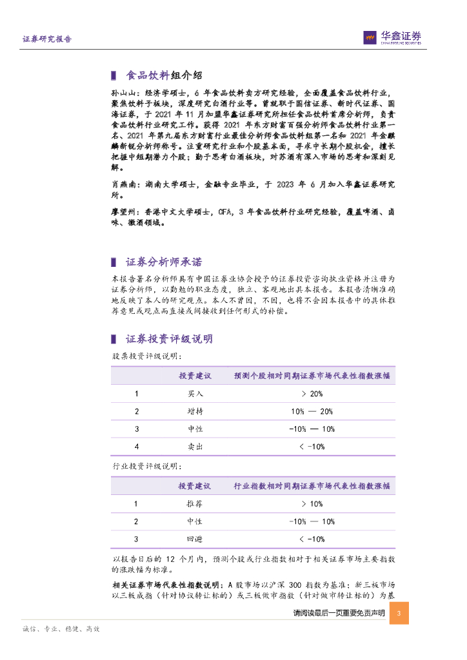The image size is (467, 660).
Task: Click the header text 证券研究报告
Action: pos(47,39)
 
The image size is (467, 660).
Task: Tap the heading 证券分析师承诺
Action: pos(163,262)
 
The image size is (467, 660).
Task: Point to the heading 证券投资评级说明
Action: pos(169,339)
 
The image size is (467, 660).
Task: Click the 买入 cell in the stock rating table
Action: pos(195,394)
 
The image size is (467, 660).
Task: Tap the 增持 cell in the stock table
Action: pos(195,411)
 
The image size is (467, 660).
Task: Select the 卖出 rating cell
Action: pos(195,446)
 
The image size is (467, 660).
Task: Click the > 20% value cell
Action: pos(312,394)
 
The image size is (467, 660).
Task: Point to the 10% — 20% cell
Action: pos(312,411)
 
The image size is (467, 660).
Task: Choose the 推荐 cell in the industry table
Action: pos(195,504)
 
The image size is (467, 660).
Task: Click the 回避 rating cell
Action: pos(195,539)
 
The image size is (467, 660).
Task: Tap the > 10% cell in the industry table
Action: pos(312,504)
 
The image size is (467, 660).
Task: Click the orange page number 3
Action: pos(400,613)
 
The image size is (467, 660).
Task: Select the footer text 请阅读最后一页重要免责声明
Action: pos(339,613)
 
